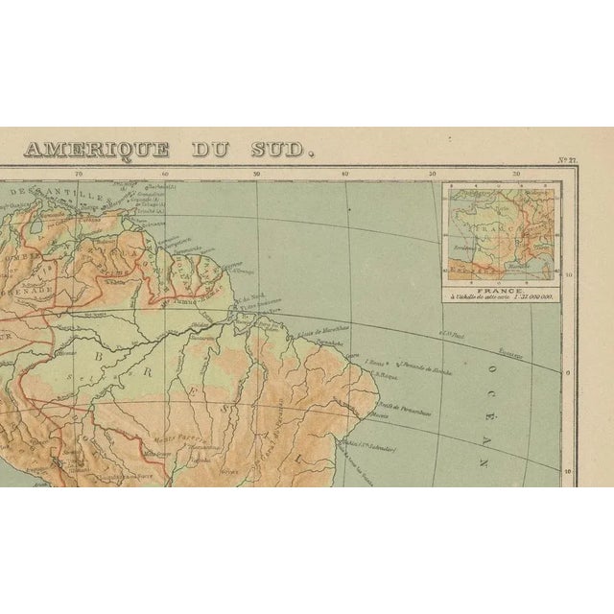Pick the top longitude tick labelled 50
point(256,175)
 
